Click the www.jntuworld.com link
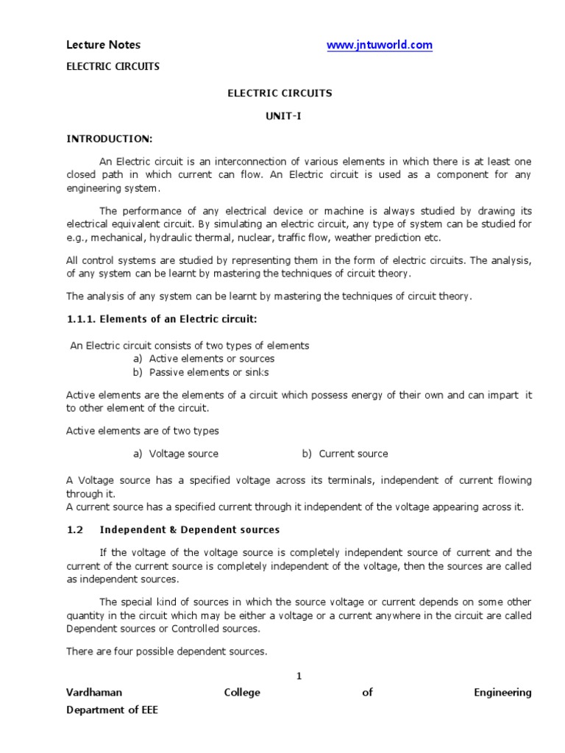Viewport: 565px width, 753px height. click(380, 46)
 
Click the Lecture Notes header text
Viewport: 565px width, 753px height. click(103, 45)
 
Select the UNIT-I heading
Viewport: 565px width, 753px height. click(280, 117)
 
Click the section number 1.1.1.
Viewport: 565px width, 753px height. click(80, 318)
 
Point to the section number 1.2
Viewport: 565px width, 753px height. click(77, 529)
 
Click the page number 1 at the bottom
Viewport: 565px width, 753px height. click(299, 676)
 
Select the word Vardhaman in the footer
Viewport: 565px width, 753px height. click(94, 693)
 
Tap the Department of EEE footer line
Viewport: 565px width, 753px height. click(112, 710)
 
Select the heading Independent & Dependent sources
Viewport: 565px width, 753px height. click(190, 529)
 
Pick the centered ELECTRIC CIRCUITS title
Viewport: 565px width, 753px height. click(280, 93)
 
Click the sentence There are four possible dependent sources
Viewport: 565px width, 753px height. click(167, 652)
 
